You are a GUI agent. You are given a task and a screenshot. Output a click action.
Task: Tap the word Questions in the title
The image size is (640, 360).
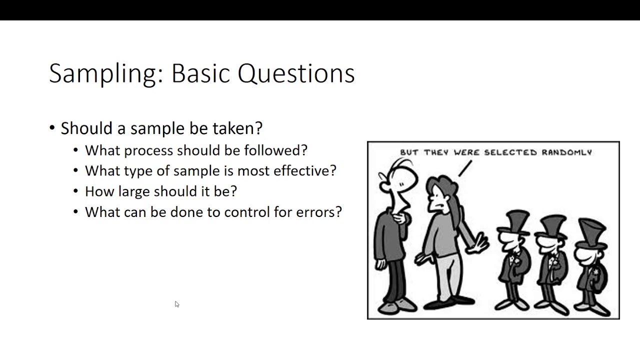pyautogui.click(x=296, y=74)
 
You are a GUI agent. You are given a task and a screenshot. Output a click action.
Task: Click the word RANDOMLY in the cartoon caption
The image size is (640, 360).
pyautogui.click(x=566, y=152)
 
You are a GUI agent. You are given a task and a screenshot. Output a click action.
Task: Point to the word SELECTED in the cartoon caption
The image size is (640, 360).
pyautogui.click(x=510, y=152)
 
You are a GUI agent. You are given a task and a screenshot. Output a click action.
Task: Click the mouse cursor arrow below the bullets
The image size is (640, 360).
pyautogui.click(x=177, y=304)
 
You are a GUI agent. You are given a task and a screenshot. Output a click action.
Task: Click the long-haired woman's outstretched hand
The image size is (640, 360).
pyautogui.click(x=479, y=243)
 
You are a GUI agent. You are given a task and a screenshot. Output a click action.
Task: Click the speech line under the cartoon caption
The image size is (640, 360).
pyautogui.click(x=465, y=168)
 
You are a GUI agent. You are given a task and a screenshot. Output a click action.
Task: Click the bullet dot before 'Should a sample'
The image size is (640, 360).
pyautogui.click(x=52, y=128)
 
